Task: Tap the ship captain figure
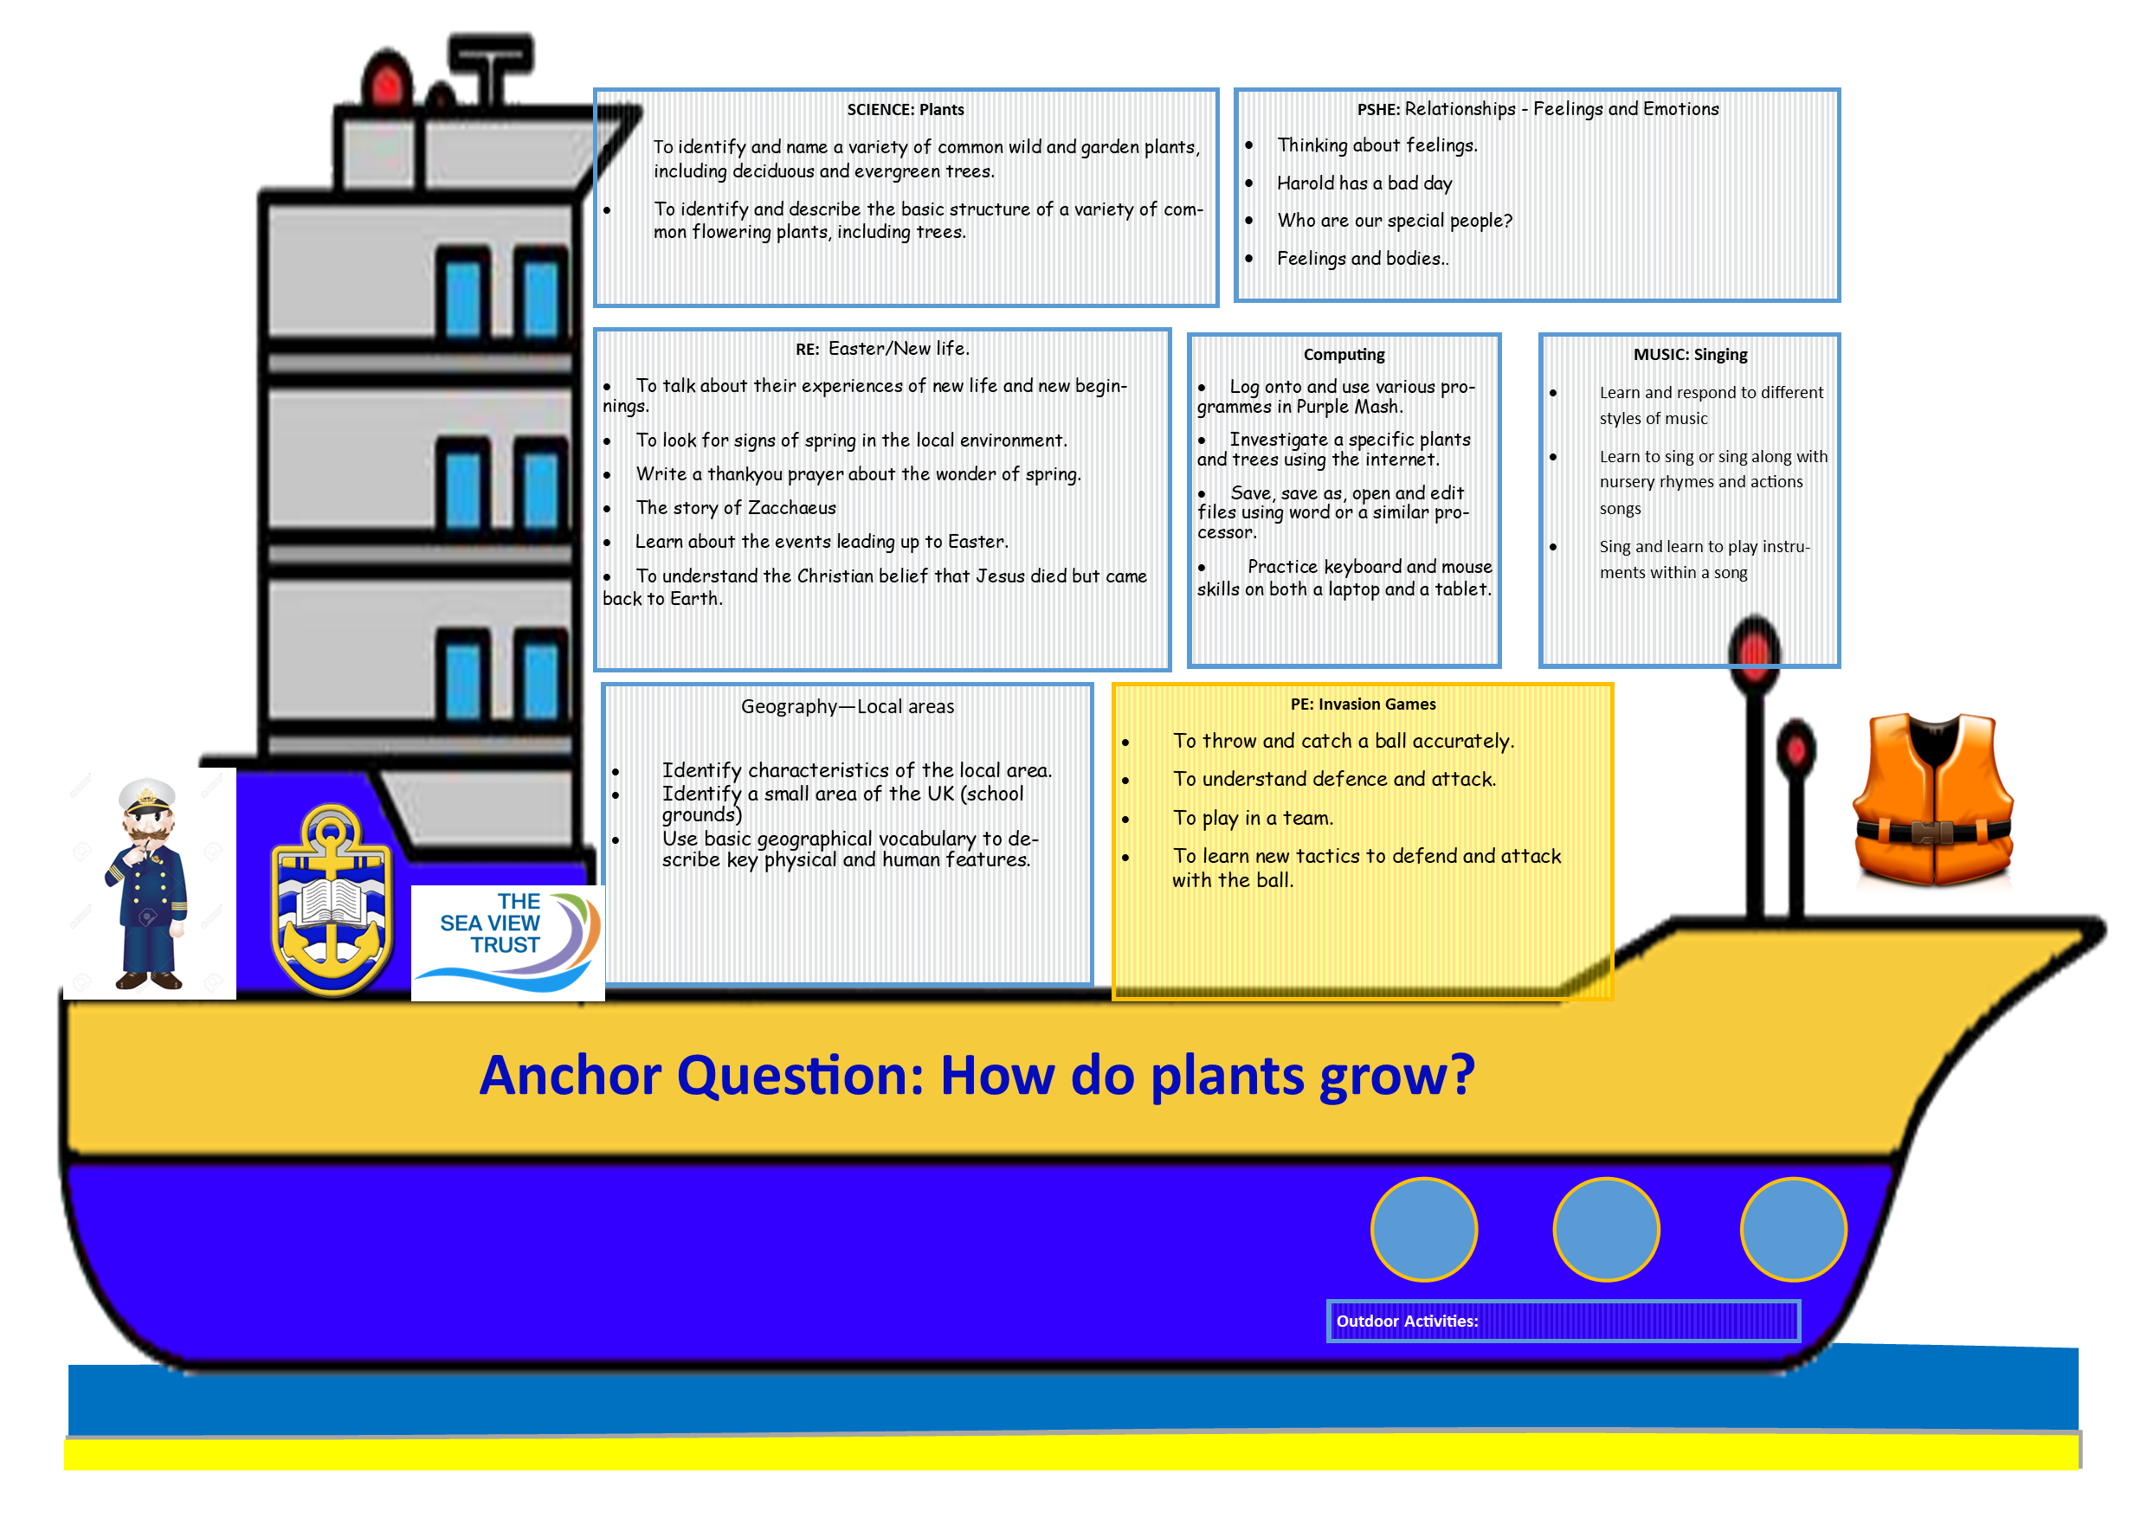click(x=148, y=884)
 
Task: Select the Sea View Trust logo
click(x=508, y=942)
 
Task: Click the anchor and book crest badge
click(x=331, y=900)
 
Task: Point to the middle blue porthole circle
click(x=1606, y=1229)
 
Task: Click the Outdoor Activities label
click(x=1407, y=1321)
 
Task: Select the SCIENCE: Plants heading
click(x=906, y=109)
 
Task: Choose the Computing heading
click(x=1344, y=354)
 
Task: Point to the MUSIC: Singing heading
click(x=1690, y=354)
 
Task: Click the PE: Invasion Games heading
click(x=1363, y=704)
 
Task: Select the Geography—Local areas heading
click(x=848, y=707)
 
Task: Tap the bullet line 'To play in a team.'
click(x=1253, y=818)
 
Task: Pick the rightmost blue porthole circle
click(x=1793, y=1229)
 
